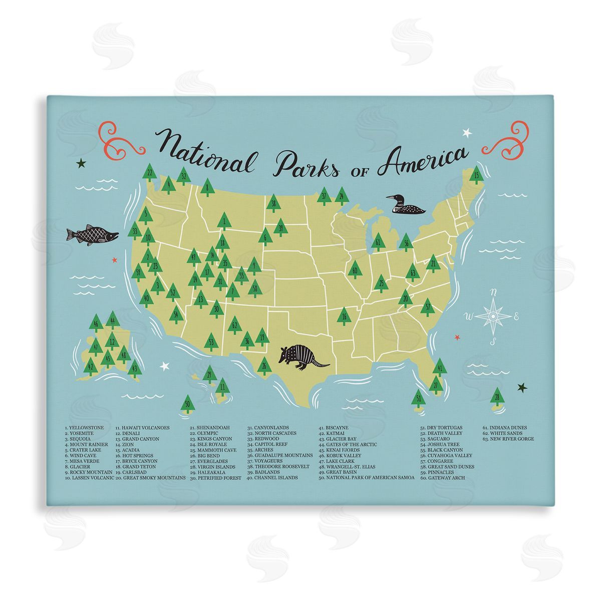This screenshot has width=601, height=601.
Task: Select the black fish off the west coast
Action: (92, 234)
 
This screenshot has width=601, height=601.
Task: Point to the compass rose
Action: (493, 316)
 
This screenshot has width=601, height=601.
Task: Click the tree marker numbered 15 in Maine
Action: (476, 176)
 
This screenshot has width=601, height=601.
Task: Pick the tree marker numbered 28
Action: (496, 398)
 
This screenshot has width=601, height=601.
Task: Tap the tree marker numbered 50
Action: (187, 403)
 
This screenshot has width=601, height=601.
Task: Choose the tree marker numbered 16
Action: (344, 316)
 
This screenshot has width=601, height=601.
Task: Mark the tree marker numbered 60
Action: (355, 270)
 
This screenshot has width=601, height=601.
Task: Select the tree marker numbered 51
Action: (419, 399)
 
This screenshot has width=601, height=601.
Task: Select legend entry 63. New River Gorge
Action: (508, 439)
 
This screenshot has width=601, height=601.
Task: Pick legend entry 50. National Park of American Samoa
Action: (367, 478)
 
